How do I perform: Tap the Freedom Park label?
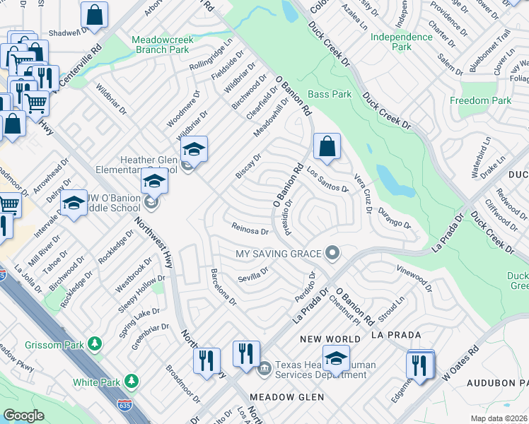point(480,101)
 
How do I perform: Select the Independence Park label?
point(401,42)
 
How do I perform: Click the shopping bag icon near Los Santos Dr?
point(327,147)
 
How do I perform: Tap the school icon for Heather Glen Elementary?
point(194,149)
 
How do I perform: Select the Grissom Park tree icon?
point(94,345)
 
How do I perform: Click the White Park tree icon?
point(131,382)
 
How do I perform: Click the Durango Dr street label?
point(394,218)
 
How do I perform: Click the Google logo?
point(23,416)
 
